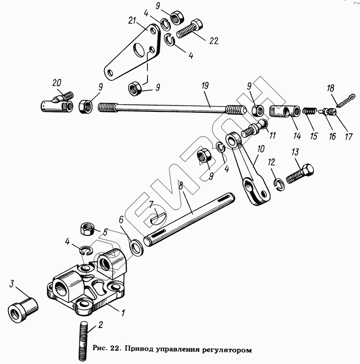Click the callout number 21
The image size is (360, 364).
[x=132, y=21]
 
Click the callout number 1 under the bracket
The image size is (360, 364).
[x=123, y=313]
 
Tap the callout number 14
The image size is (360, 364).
[x=297, y=136]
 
